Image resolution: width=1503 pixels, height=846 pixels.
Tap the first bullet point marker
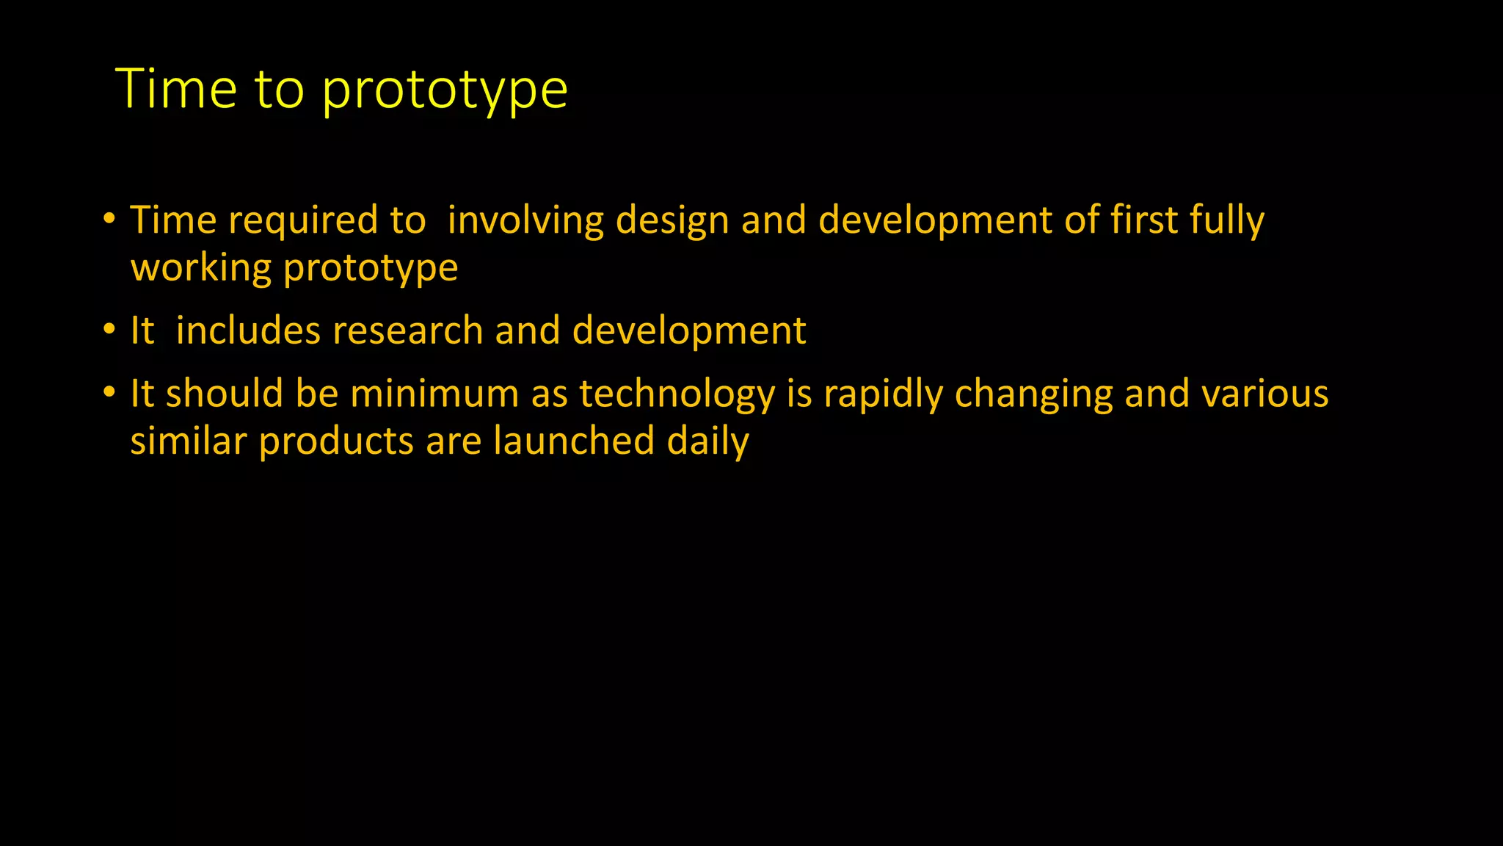(x=109, y=218)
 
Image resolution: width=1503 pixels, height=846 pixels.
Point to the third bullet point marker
(x=109, y=391)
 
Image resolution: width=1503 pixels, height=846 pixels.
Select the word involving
(x=525, y=221)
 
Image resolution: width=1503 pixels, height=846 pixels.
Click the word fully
(x=1227, y=221)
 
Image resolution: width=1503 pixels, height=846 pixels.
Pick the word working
(x=201, y=268)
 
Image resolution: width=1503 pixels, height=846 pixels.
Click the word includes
(x=248, y=330)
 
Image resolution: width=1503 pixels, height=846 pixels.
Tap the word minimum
(x=434, y=394)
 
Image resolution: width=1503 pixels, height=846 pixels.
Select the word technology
(x=677, y=395)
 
